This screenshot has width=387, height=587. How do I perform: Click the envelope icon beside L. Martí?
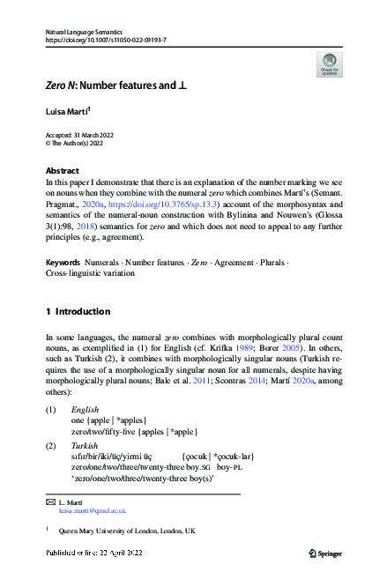point(49,502)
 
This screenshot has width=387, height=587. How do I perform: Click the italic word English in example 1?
point(86,411)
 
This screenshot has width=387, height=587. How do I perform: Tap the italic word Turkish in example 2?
point(86,446)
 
